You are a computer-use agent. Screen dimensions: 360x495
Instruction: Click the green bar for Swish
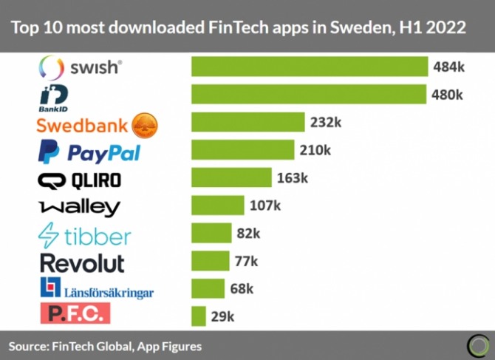310,67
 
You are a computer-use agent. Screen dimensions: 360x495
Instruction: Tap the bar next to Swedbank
248,123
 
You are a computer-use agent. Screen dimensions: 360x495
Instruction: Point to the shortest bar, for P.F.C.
198,316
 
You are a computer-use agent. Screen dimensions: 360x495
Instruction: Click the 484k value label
448,67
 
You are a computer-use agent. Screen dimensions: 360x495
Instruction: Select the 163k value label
293,178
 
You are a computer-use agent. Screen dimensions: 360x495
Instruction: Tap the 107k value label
265,206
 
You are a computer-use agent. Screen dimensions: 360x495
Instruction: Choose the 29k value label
222,316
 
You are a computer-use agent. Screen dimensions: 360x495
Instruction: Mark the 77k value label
245,261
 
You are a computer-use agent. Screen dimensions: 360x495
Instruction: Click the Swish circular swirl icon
51,68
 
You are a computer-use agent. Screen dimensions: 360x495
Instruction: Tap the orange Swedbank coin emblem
145,124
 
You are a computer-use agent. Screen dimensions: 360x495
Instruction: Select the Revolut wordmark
82,262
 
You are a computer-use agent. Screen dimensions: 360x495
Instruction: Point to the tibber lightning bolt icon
49,235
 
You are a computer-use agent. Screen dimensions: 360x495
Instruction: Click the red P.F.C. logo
75,313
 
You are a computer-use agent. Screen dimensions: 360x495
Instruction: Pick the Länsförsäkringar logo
97,289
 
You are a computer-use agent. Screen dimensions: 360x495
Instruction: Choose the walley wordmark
79,207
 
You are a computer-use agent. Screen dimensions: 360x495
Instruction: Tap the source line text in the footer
105,345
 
